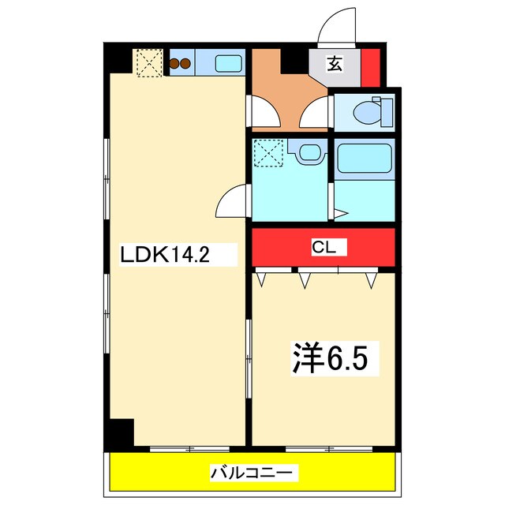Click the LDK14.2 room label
[x=166, y=254]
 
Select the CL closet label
[x=324, y=248]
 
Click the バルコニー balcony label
[x=253, y=473]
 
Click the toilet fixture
[x=369, y=111]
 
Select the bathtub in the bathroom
[x=363, y=159]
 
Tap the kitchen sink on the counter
[x=229, y=62]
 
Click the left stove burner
[x=175, y=64]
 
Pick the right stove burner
[x=186, y=64]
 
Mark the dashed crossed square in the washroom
[x=269, y=153]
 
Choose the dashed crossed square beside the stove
[x=148, y=63]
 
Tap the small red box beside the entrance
[x=370, y=66]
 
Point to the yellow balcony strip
[x=158, y=473]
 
